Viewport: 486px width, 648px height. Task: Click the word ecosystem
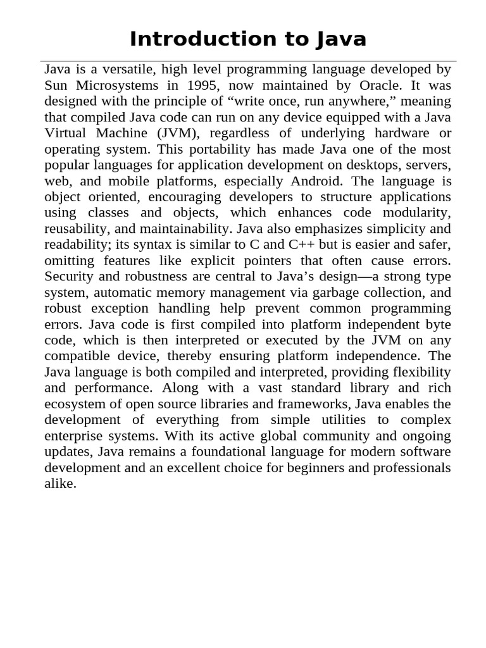coord(75,404)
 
